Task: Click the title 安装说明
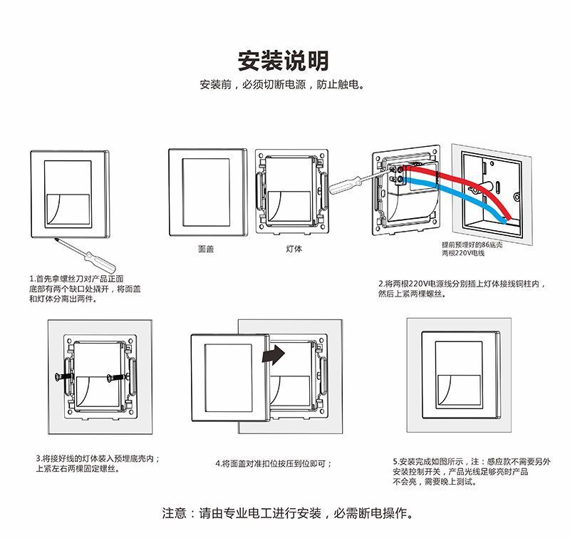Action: point(284,61)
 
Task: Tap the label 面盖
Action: point(206,249)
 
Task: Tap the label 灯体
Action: point(294,249)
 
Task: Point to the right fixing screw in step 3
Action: point(117,376)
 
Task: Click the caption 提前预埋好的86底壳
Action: point(472,244)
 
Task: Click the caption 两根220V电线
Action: point(463,253)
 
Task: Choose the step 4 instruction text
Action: point(274,463)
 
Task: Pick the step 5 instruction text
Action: point(471,471)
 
